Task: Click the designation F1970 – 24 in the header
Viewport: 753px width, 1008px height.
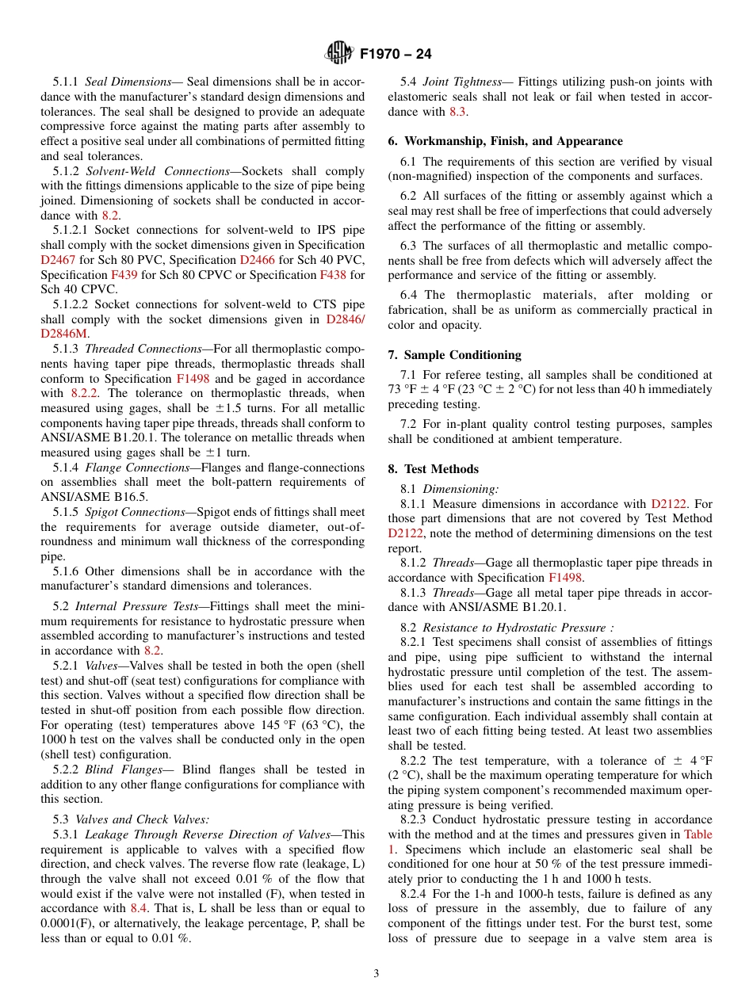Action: point(396,55)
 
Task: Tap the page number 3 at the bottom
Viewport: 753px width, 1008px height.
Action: point(376,973)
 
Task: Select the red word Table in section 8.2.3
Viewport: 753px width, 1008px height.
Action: point(697,834)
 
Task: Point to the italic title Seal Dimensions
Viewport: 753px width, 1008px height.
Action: point(128,82)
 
